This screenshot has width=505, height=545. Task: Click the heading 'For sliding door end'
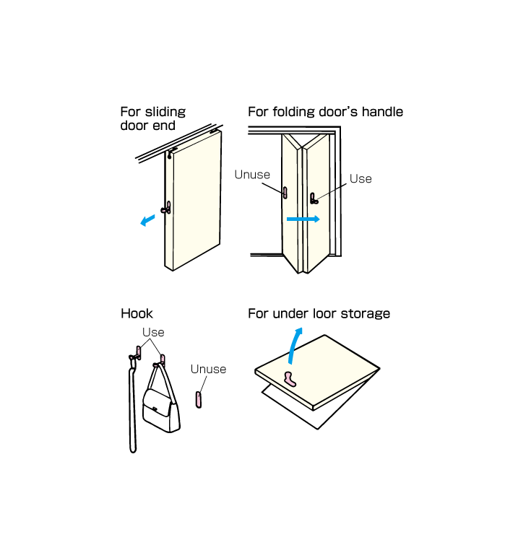tap(152, 118)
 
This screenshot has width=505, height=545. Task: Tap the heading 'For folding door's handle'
tap(325, 112)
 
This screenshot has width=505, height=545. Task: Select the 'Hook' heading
tap(137, 313)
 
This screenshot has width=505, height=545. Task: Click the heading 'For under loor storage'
tap(319, 313)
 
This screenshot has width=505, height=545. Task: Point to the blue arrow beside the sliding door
tap(147, 220)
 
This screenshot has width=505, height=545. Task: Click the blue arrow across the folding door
tap(303, 219)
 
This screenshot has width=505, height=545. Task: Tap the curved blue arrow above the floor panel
tap(294, 345)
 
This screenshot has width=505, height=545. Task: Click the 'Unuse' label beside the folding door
tap(252, 175)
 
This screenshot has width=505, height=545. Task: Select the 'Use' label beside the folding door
tap(361, 178)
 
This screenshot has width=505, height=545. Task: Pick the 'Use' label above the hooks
tap(153, 332)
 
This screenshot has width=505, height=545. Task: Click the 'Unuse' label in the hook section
tap(208, 369)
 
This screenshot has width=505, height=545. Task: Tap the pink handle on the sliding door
tap(166, 208)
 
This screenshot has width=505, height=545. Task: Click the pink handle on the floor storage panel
tap(290, 379)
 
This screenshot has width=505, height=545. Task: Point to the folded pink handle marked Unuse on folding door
tap(285, 193)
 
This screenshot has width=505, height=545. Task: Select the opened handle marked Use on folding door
tap(314, 199)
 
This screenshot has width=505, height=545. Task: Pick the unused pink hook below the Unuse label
tap(199, 399)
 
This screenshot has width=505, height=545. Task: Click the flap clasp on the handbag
tap(155, 409)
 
